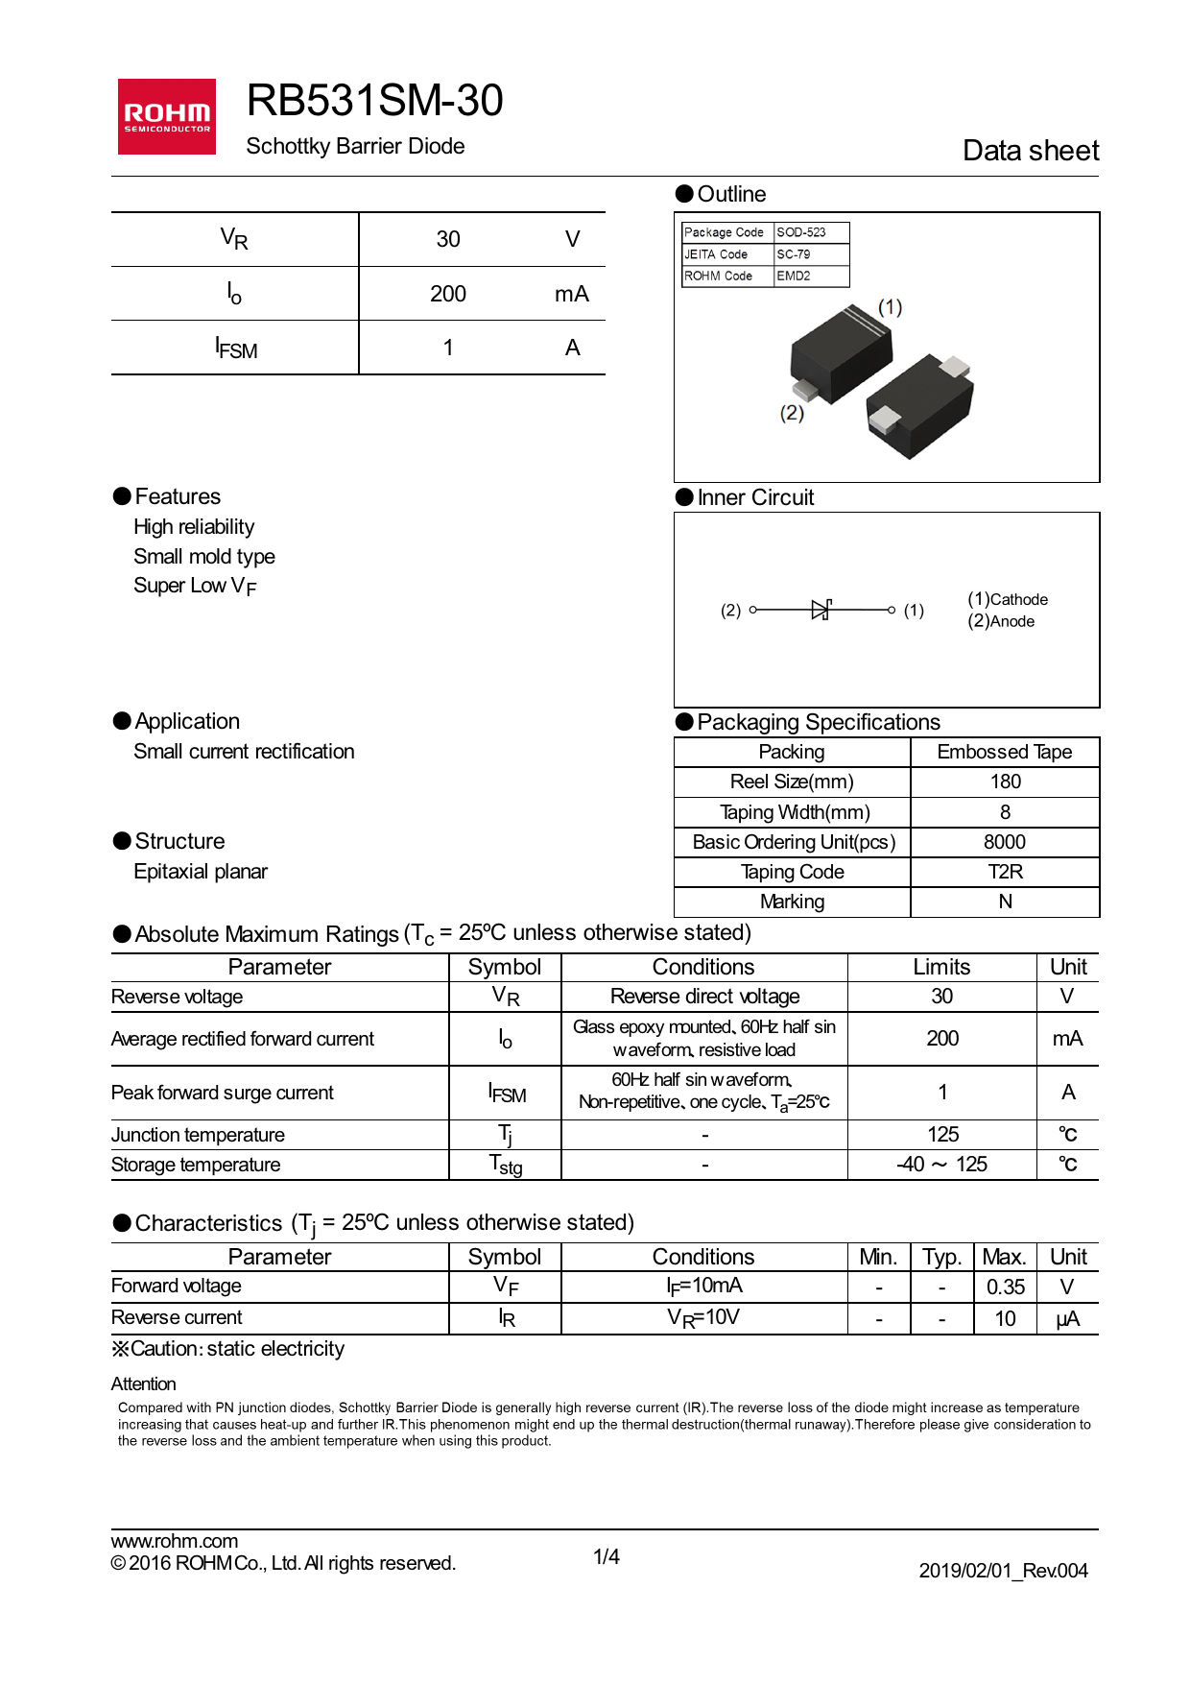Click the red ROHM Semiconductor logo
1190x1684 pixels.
coord(167,116)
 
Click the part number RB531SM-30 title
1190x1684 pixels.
coord(374,101)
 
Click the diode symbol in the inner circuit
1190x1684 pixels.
coord(821,610)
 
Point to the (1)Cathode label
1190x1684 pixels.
coord(1007,599)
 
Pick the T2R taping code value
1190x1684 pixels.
coord(1005,872)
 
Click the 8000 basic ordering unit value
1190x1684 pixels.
coord(1005,842)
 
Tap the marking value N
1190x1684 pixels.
coord(1005,902)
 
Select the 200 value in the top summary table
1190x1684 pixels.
coord(448,294)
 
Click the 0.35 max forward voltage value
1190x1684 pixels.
coord(1005,1287)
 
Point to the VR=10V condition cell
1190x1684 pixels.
coord(703,1317)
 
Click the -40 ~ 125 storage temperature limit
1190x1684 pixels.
coord(941,1165)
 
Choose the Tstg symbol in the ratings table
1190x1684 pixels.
coord(506,1166)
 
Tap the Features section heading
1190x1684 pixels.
coord(177,496)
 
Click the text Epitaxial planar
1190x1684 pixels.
coord(201,872)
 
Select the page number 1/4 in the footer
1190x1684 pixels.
coord(607,1556)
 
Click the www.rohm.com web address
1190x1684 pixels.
coord(175,1541)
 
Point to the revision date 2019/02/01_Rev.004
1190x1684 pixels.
coord(1003,1571)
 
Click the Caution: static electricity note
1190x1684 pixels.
coord(228,1349)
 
